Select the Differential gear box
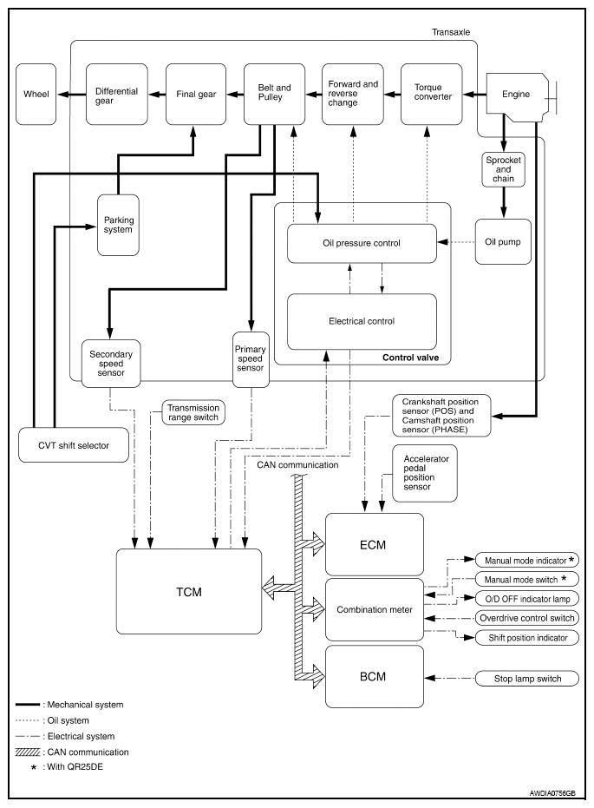[117, 95]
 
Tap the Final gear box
[195, 95]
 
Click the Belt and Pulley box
[274, 95]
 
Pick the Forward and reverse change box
[353, 95]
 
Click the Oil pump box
[503, 242]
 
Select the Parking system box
[117, 225]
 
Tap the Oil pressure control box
[362, 243]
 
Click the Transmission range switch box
[193, 412]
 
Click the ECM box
[374, 545]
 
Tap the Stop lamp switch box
[525, 678]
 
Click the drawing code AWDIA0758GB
[551, 792]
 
